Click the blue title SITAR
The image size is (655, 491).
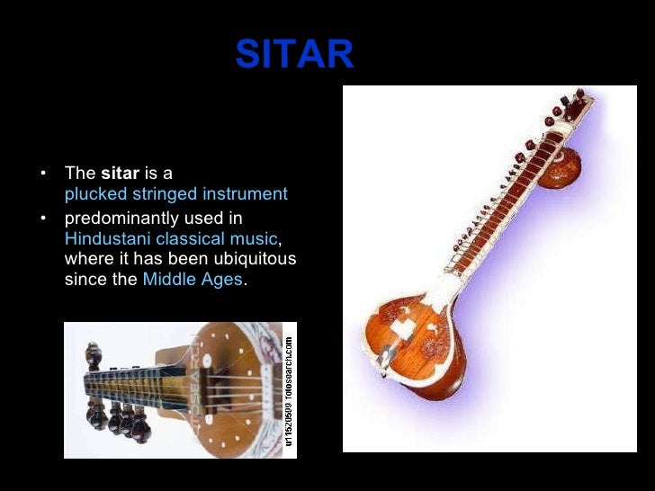295,56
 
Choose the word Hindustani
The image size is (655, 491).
108,238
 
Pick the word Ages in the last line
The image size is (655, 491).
224,279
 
